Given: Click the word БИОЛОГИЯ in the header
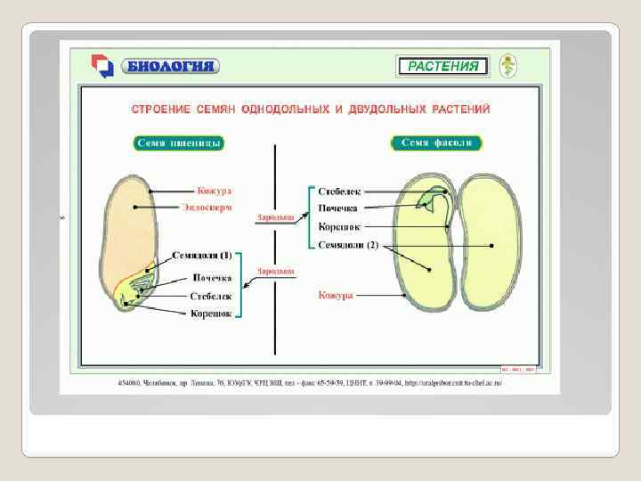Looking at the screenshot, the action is pyautogui.click(x=172, y=66).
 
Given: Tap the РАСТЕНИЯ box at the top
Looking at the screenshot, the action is pyautogui.click(x=442, y=66).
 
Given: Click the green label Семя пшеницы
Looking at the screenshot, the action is pyautogui.click(x=179, y=143).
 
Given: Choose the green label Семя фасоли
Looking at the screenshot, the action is pyautogui.click(x=437, y=143).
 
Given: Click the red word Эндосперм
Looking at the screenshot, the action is pyautogui.click(x=207, y=207).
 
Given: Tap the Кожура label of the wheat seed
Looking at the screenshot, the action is pyautogui.click(x=215, y=191).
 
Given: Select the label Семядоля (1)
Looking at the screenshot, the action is pyautogui.click(x=201, y=255).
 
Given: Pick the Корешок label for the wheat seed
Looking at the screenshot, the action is pyautogui.click(x=211, y=313).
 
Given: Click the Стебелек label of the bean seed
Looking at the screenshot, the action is pyautogui.click(x=338, y=192).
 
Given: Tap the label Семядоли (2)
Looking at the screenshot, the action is pyautogui.click(x=348, y=245).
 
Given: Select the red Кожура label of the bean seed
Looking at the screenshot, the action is pyautogui.click(x=336, y=295).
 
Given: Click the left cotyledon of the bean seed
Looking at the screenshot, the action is pyautogui.click(x=423, y=258).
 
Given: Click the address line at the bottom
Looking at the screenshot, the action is pyautogui.click(x=303, y=384).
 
